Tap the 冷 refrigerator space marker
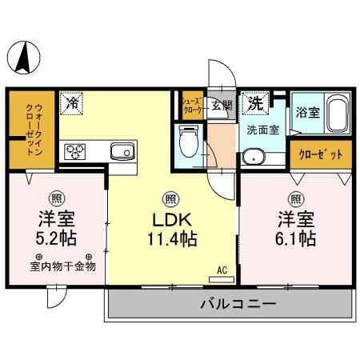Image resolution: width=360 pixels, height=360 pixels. point(72,102)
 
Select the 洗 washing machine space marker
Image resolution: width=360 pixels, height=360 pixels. point(254,102)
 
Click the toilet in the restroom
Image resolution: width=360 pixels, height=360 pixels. point(189,144)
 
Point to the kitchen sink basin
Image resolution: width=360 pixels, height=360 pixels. point(122,150)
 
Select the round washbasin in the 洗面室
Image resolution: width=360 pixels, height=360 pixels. point(254,156)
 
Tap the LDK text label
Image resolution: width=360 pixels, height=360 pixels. point(170,218)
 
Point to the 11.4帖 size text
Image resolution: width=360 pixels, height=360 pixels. point(170,238)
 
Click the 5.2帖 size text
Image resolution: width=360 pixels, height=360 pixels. point(56,238)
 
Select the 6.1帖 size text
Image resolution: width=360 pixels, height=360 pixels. point(296,238)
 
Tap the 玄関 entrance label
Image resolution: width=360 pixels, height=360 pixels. point(222,104)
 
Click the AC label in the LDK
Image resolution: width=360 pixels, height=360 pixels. point(222,270)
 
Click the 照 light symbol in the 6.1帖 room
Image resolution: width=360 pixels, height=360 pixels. point(296,198)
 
